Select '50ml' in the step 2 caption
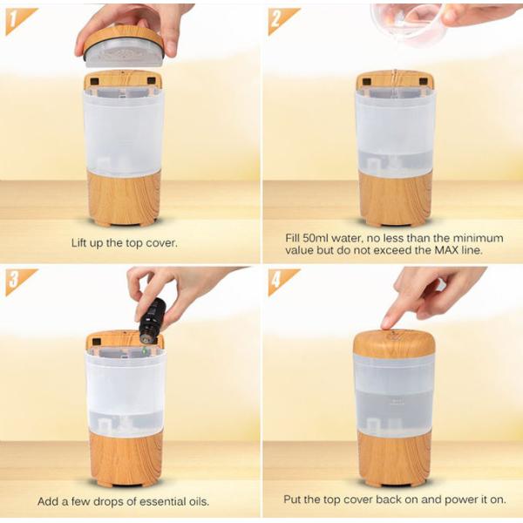click(319, 237)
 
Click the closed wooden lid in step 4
click(394, 343)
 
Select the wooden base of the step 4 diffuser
click(394, 457)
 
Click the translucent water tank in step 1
click(123, 131)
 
